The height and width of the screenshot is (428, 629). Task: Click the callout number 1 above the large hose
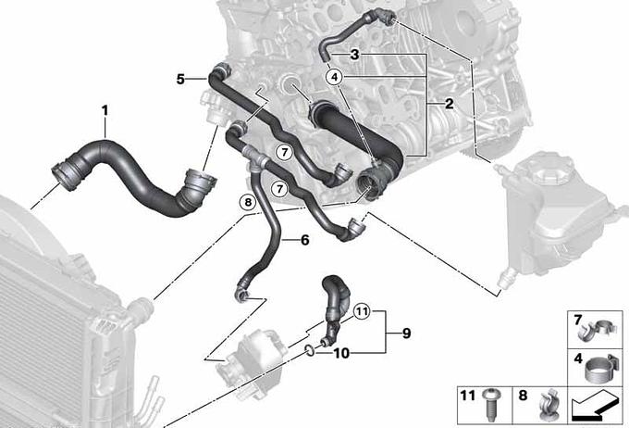(105, 110)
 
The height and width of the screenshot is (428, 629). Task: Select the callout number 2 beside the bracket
(450, 104)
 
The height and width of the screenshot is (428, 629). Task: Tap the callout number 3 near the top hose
(354, 55)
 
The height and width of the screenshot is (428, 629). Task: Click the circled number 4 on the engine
(335, 76)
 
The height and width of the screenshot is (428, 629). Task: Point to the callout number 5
(180, 79)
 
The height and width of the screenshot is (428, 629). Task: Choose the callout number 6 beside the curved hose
(305, 240)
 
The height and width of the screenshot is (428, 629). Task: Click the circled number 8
(248, 202)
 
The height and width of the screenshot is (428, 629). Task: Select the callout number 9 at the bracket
(406, 334)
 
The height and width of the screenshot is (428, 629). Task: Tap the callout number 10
(341, 353)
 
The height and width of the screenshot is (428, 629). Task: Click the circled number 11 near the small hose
(363, 311)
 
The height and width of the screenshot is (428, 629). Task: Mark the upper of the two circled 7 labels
(284, 152)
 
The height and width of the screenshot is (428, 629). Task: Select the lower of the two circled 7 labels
(279, 188)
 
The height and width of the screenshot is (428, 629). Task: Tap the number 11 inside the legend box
(468, 396)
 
